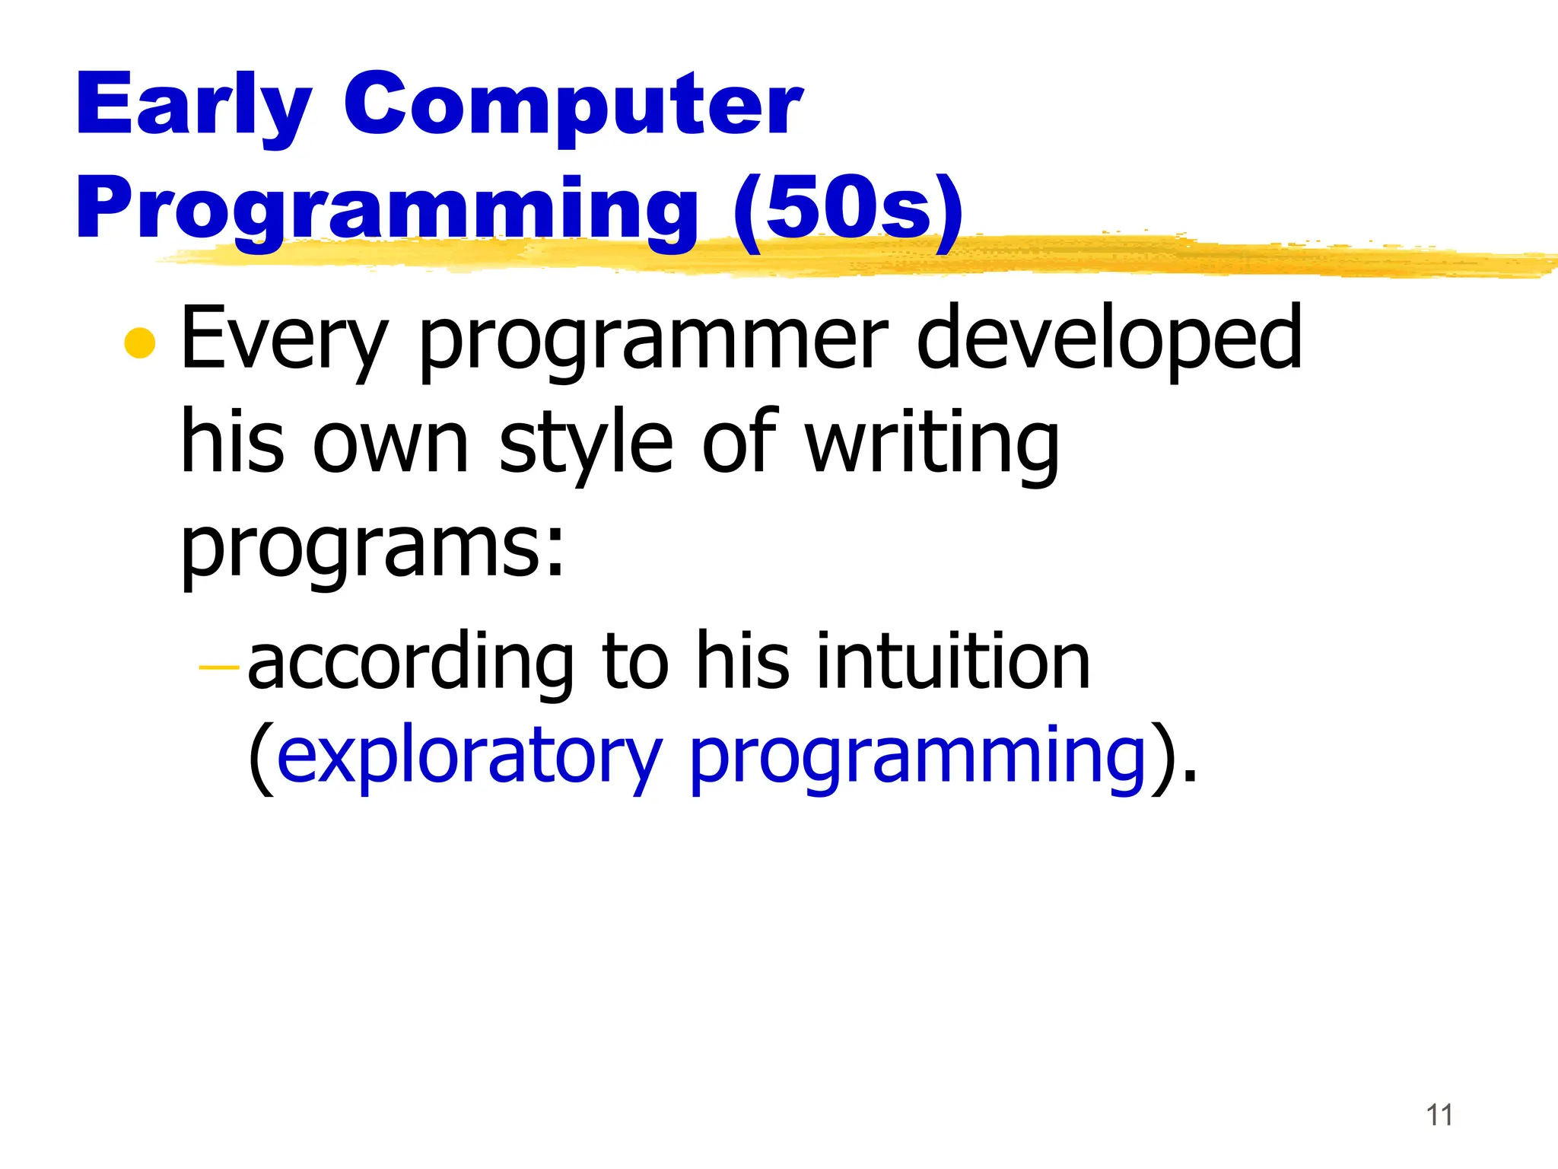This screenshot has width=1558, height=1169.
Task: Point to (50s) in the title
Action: (x=848, y=209)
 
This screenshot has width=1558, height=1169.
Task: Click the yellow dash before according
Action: (x=218, y=667)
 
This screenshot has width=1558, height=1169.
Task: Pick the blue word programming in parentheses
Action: (x=917, y=757)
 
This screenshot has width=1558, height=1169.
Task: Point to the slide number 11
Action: (x=1439, y=1115)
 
